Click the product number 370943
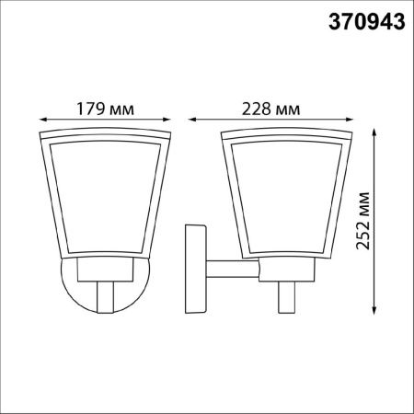pyautogui.click(x=367, y=22)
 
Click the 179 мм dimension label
pyautogui.click(x=105, y=109)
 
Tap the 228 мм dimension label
pyautogui.click(x=271, y=109)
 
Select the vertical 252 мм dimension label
pyautogui.click(x=363, y=221)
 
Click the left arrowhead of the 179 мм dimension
pyautogui.click(x=43, y=120)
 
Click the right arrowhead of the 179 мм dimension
pyautogui.click(x=167, y=120)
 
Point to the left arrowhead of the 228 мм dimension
pyautogui.click(x=192, y=120)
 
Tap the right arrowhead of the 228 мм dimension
pyautogui.click(x=350, y=120)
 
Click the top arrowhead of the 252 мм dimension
pyautogui.click(x=374, y=132)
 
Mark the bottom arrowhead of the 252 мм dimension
pyautogui.click(x=374, y=310)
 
